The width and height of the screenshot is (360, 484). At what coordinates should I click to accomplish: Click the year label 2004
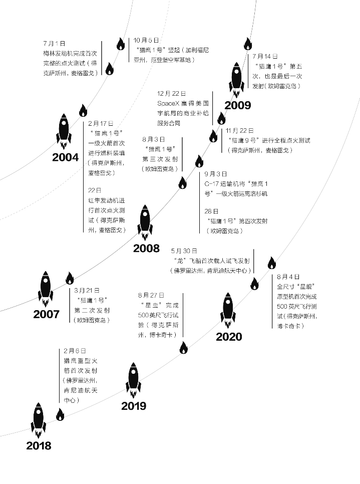(65, 157)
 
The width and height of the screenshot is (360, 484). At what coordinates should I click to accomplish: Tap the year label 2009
(238, 105)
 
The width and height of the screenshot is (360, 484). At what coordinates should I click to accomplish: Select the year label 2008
(146, 248)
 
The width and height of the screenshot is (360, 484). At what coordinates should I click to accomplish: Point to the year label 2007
(46, 315)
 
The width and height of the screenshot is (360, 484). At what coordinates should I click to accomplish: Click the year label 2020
(229, 336)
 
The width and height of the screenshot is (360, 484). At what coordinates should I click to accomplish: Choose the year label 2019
(134, 406)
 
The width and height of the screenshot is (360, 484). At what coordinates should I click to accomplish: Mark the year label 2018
(39, 445)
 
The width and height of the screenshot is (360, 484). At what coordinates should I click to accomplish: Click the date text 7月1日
(54, 44)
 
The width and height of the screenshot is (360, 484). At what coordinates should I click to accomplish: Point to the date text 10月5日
(147, 40)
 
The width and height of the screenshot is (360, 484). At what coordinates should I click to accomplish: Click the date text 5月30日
(184, 251)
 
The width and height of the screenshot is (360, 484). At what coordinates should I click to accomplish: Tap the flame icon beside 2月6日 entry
(60, 414)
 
